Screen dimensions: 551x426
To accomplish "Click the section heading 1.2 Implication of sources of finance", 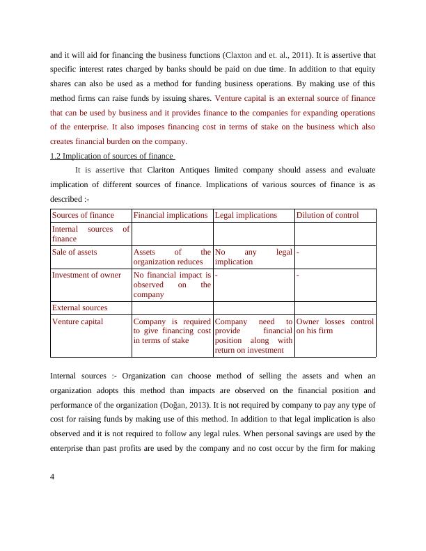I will pos(111,156).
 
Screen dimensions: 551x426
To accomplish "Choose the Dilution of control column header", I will pos(327,216).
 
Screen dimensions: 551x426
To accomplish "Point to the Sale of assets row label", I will pos(74,252).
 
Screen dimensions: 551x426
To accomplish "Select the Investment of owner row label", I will pos(86,274).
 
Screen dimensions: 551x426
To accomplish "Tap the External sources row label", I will pos(79,308).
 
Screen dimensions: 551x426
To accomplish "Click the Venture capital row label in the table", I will pos(77,321).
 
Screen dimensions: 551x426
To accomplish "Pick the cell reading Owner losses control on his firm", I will pos(335,326).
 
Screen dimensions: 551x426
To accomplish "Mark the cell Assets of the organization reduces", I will pos(171,257).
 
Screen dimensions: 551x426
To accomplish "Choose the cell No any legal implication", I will pos(253,257).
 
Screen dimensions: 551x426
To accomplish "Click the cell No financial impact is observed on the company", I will pos(171,284).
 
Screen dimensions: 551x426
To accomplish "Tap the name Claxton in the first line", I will pos(243,54).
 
